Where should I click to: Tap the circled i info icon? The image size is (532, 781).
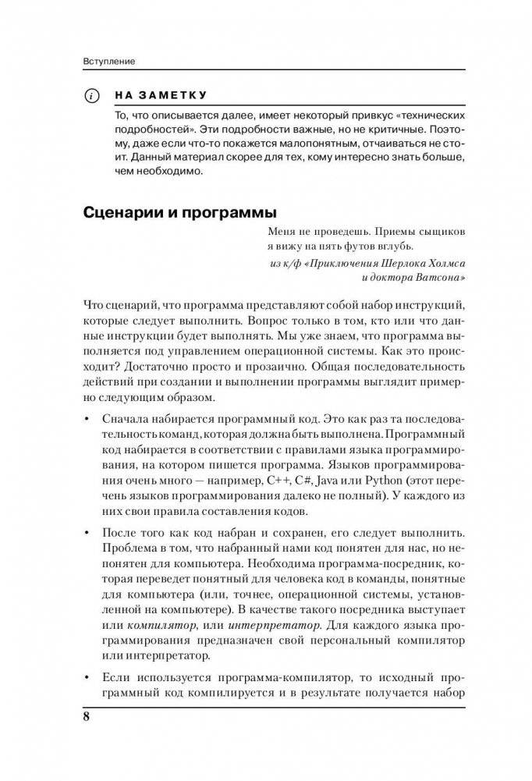pos(92,97)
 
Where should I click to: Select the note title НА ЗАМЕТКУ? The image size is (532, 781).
pos(160,96)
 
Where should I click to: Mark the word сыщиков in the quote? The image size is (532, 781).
pos(441,233)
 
